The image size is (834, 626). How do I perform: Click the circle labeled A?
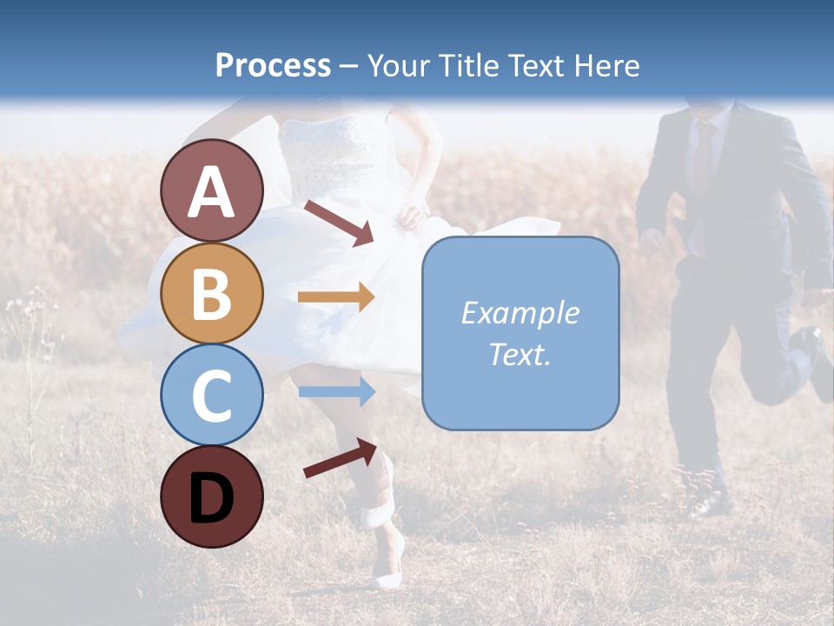[x=211, y=190]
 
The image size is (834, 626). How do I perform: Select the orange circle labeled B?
[x=211, y=293]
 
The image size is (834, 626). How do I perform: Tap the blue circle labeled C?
[x=211, y=395]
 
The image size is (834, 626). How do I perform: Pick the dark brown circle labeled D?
[x=211, y=496]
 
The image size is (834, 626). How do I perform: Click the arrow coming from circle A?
[x=339, y=223]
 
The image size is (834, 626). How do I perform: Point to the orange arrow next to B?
[x=335, y=297]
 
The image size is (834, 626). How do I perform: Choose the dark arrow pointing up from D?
[x=340, y=458]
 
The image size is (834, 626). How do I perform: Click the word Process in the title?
[x=273, y=65]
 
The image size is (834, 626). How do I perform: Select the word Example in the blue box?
[x=520, y=313]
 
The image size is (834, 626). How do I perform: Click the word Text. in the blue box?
[x=520, y=354]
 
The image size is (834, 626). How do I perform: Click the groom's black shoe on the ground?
[x=711, y=503]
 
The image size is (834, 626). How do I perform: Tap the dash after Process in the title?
[x=348, y=66]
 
